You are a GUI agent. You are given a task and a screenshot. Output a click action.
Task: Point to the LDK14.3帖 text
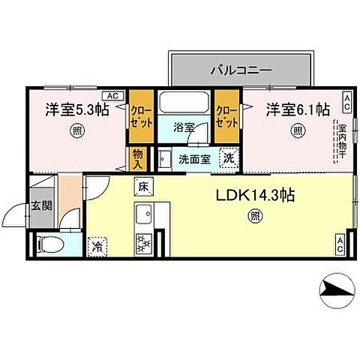tap(255, 196)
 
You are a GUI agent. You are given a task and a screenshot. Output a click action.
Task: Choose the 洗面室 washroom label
tap(193, 159)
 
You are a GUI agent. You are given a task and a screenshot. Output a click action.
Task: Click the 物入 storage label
tap(137, 158)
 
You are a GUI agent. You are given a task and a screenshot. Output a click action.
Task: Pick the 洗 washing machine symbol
tap(227, 158)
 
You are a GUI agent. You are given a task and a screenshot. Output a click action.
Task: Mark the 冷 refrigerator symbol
tap(97, 244)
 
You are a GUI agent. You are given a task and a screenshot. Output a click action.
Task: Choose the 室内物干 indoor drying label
tap(341, 139)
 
